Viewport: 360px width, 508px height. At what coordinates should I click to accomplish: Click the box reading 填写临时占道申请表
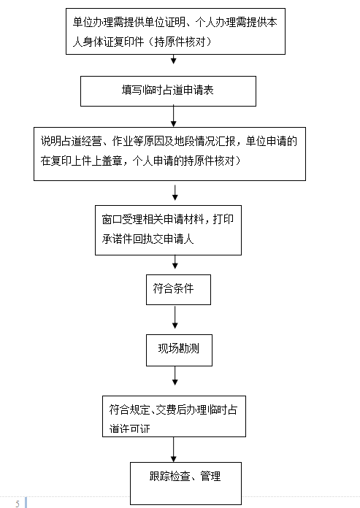click(x=168, y=91)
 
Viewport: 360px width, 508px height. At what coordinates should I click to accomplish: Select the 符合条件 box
click(x=179, y=290)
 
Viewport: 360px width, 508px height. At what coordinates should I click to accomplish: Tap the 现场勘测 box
click(x=179, y=350)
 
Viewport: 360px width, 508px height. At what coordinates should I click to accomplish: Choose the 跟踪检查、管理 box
click(x=185, y=483)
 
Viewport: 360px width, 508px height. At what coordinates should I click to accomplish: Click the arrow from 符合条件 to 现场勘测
click(x=175, y=317)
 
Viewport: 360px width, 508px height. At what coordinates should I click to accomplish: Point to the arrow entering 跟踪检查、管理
click(x=174, y=450)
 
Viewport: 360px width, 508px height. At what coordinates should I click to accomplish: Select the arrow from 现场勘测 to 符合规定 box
click(x=175, y=376)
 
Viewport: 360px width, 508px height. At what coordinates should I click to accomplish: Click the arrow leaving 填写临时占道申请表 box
click(x=174, y=116)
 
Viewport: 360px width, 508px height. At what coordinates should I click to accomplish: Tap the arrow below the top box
click(x=174, y=59)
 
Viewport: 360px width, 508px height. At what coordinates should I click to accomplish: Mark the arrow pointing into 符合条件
click(x=175, y=262)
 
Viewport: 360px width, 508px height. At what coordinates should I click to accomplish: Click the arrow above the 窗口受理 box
click(x=175, y=193)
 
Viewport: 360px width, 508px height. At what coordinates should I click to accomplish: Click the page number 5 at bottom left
click(x=18, y=504)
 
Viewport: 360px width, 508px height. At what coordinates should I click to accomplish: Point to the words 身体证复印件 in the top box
click(x=113, y=42)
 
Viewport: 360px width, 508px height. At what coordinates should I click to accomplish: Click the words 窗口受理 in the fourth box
click(x=122, y=220)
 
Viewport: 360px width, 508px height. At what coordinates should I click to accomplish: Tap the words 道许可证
click(x=129, y=428)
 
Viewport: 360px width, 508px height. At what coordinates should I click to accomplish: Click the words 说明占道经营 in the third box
click(x=72, y=142)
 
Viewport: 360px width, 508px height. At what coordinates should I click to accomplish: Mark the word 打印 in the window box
click(x=223, y=220)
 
